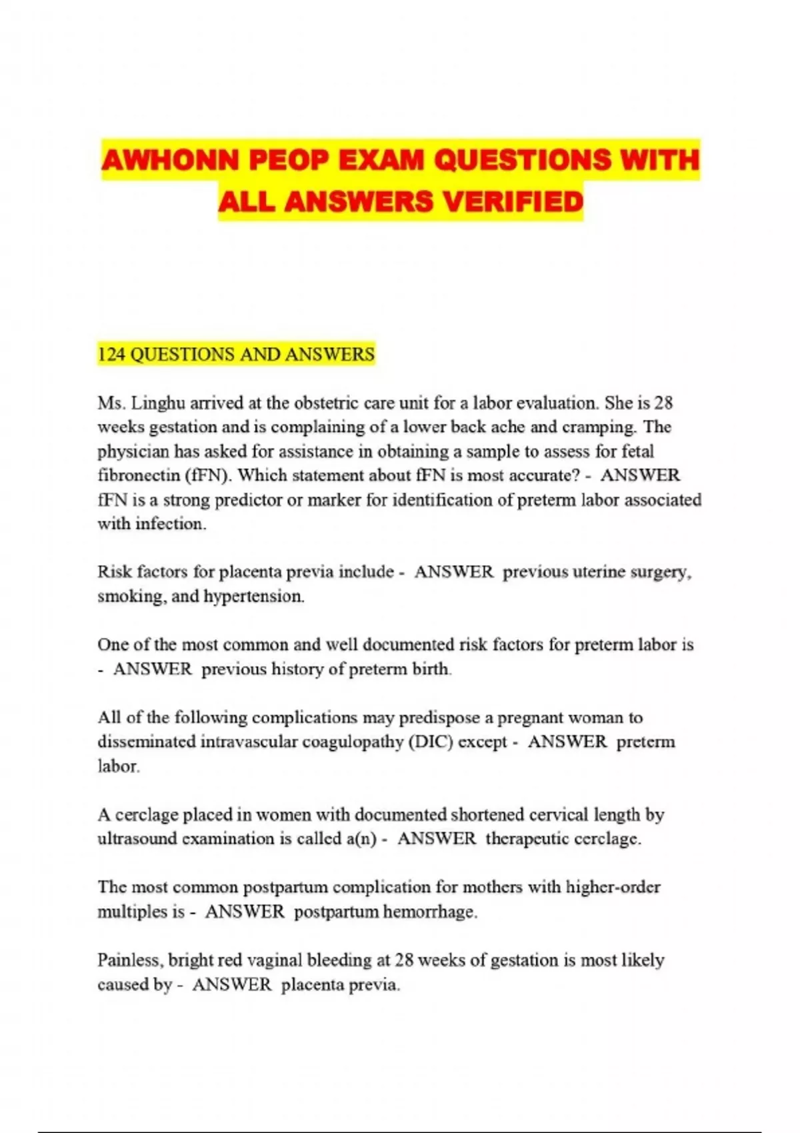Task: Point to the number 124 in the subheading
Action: (x=111, y=354)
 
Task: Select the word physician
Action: (x=133, y=452)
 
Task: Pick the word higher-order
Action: (x=613, y=887)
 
